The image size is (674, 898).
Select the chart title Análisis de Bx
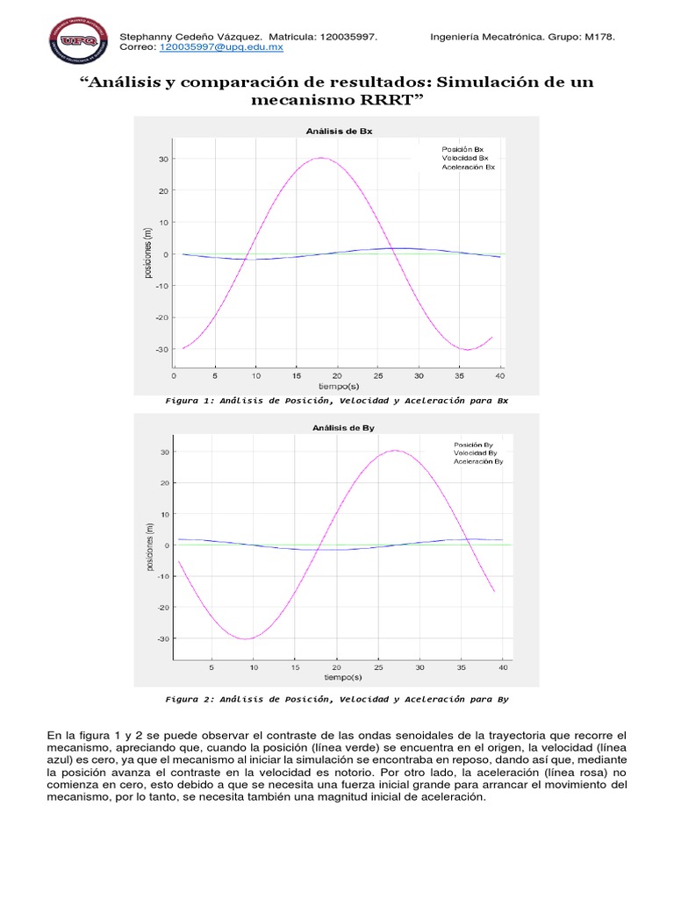pyautogui.click(x=338, y=131)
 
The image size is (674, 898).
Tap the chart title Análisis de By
pyautogui.click(x=338, y=428)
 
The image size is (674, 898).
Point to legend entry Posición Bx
pyautogui.click(x=462, y=149)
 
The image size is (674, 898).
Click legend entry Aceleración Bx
pyautogui.click(x=469, y=167)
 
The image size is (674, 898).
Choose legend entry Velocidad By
pyautogui.click(x=475, y=453)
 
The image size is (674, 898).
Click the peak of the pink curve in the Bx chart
pyautogui.click(x=320, y=158)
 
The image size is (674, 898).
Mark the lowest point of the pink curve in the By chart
pyautogui.click(x=247, y=638)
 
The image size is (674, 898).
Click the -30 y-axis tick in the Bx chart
pyautogui.click(x=162, y=349)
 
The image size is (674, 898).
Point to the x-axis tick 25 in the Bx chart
pyautogui.click(x=379, y=376)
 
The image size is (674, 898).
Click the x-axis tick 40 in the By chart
pyautogui.click(x=501, y=667)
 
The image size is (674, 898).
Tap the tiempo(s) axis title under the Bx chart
pyautogui.click(x=338, y=386)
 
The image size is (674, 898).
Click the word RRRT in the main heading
pyautogui.click(x=385, y=100)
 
